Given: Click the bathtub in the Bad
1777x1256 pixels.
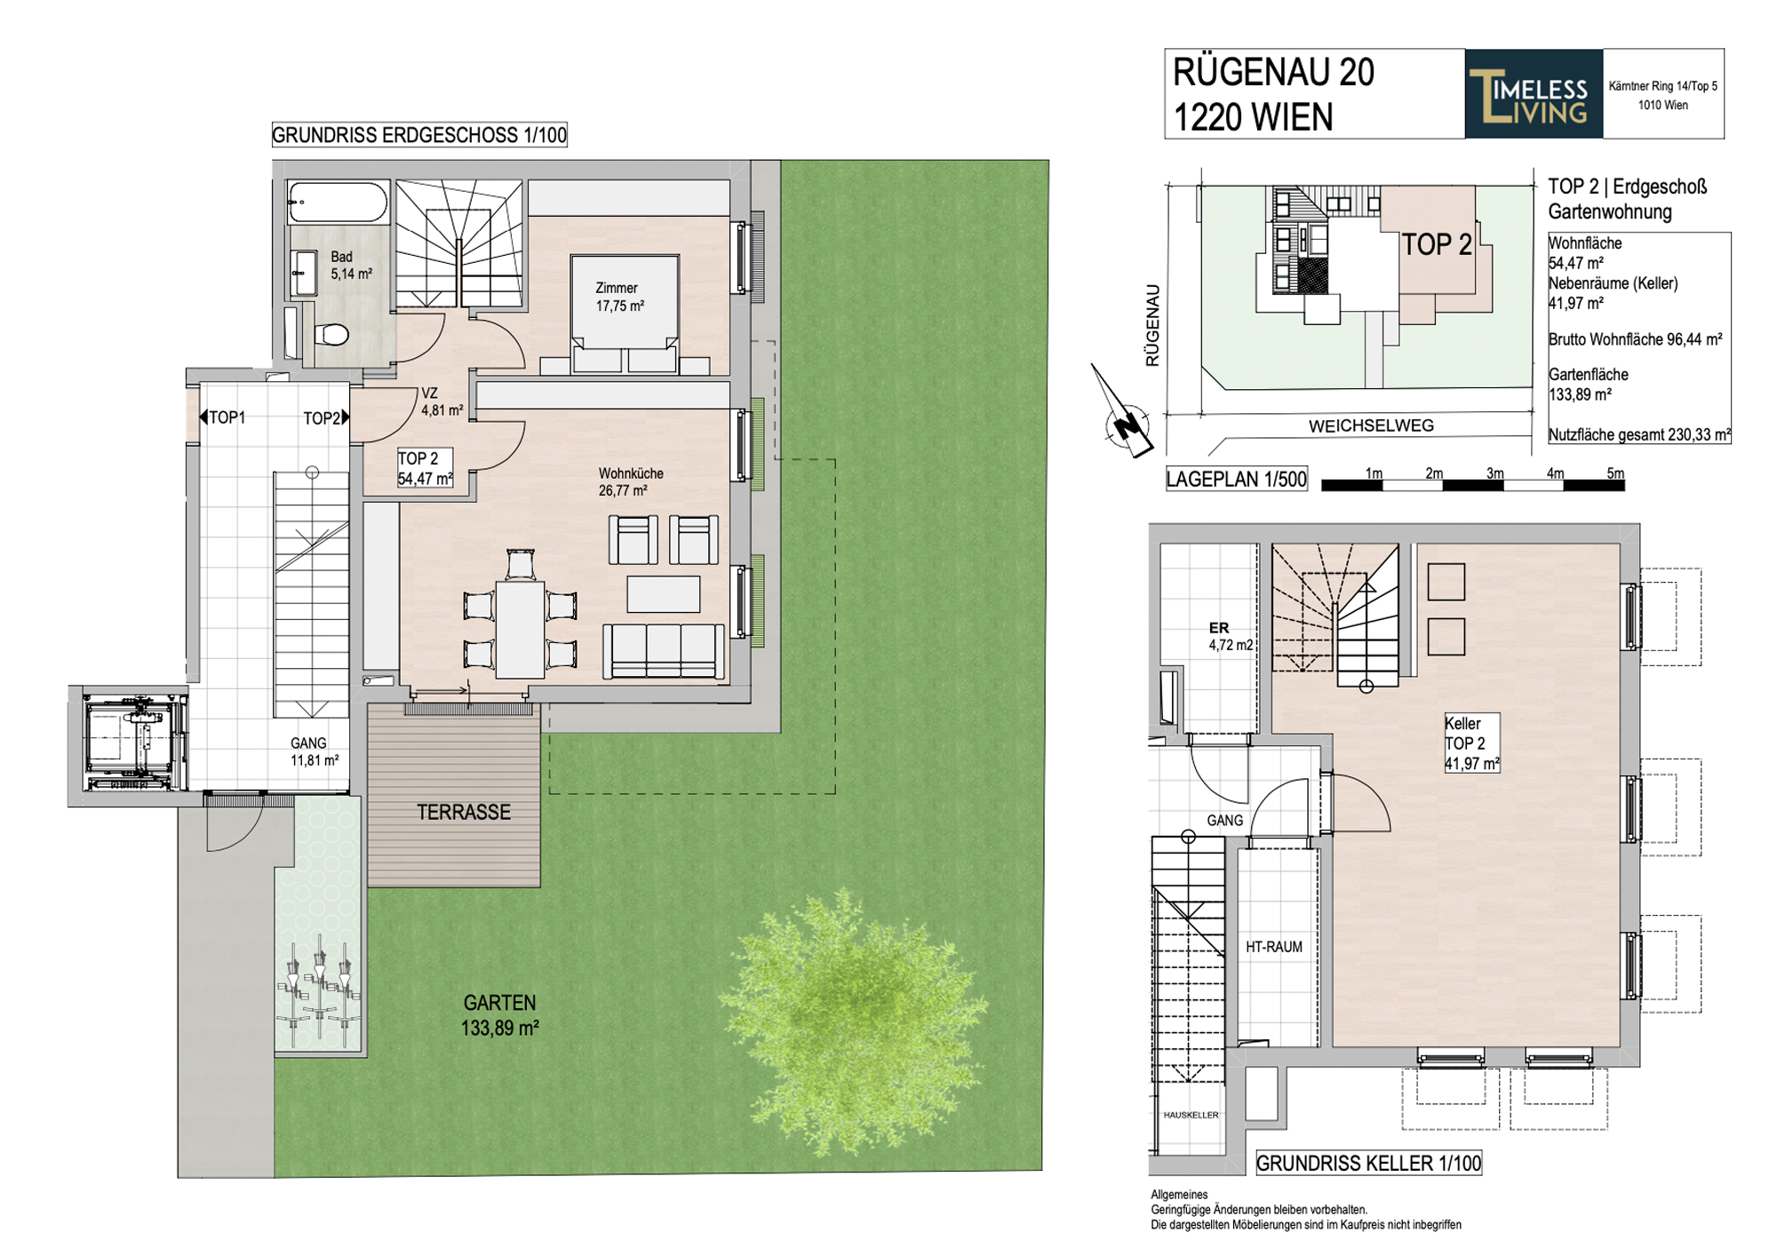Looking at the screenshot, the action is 339,203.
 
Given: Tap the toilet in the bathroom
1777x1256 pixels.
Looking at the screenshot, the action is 331,335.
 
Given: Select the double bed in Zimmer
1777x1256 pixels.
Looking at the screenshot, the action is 625,314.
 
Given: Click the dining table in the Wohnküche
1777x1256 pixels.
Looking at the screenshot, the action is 521,629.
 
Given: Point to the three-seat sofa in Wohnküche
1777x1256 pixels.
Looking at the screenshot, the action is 664,651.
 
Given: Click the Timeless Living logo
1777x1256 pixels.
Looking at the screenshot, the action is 1534,94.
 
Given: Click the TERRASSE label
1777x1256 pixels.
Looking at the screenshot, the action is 464,812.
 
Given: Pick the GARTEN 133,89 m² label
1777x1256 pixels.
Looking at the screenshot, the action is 499,1015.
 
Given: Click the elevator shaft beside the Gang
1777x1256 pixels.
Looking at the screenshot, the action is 130,744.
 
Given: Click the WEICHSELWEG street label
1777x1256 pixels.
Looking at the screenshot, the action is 1371,426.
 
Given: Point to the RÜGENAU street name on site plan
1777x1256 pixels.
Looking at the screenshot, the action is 1152,325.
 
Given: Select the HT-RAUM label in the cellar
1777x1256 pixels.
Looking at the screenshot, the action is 1273,947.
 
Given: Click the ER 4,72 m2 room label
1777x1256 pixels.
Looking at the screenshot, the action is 1230,637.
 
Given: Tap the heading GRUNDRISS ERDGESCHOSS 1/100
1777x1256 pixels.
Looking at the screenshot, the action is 419,135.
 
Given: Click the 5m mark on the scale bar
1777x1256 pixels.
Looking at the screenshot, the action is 1614,473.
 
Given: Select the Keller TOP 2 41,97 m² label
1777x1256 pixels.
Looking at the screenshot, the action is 1471,743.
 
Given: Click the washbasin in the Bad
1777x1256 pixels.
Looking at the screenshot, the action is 304,272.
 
